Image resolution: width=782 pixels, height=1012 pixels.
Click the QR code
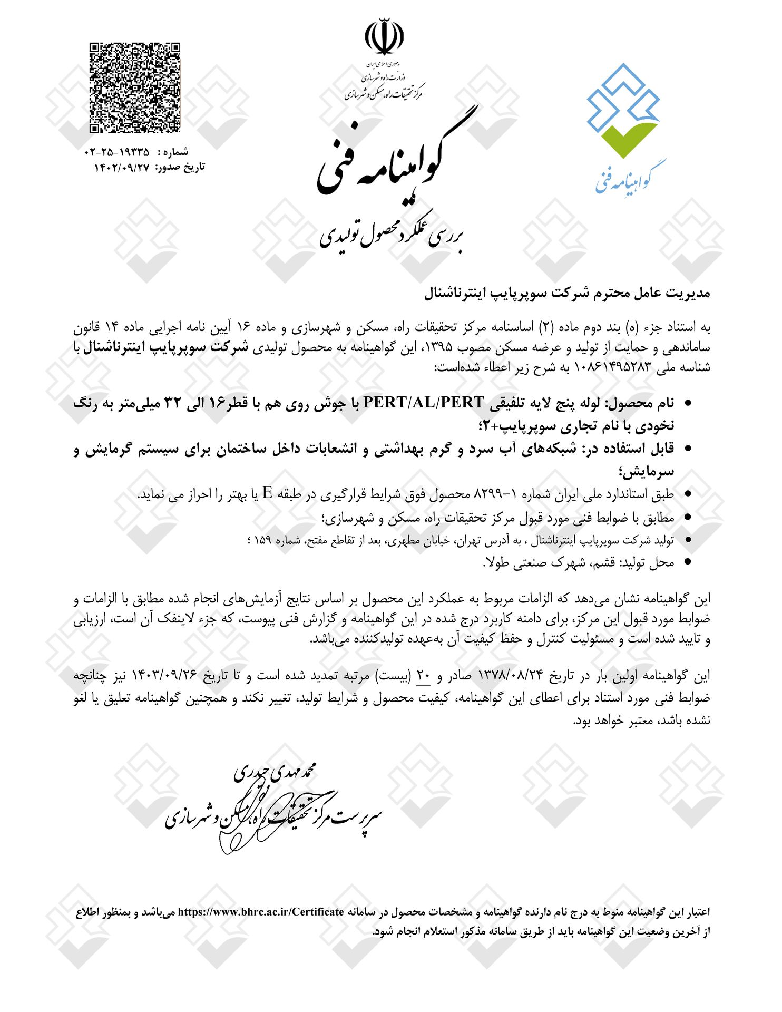135,87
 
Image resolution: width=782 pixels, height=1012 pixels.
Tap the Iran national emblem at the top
384,37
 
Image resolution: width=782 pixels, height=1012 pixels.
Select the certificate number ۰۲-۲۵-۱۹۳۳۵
116,152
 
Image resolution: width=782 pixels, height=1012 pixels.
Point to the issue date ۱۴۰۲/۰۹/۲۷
122,168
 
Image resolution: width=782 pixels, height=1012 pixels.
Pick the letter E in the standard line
268,493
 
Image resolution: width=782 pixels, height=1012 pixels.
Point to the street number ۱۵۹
263,540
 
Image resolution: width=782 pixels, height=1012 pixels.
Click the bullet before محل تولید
687,562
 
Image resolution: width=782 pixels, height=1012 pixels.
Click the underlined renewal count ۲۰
424,675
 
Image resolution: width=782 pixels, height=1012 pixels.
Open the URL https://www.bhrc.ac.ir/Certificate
261,912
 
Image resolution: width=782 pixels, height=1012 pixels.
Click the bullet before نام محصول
687,403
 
